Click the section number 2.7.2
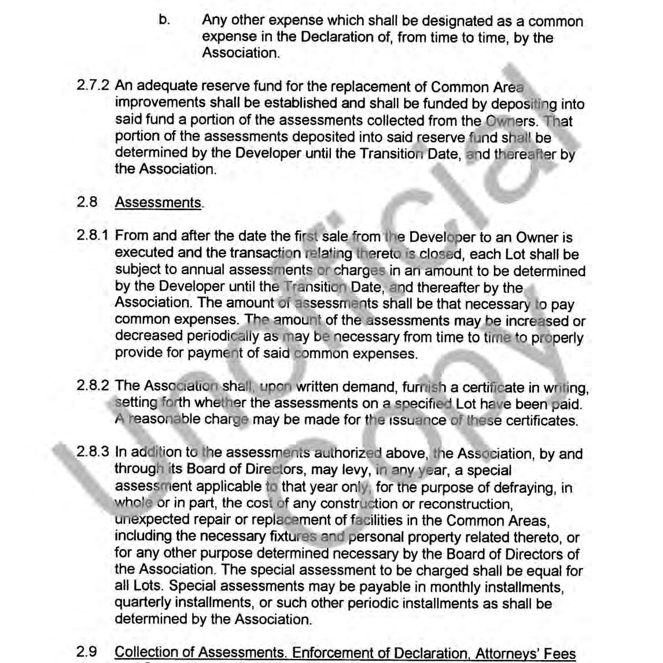click(x=93, y=87)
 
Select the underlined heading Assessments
click(x=158, y=202)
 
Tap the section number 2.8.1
click(x=93, y=236)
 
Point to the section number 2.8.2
click(x=93, y=386)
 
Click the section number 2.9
click(x=87, y=652)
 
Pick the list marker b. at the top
click(x=164, y=21)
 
